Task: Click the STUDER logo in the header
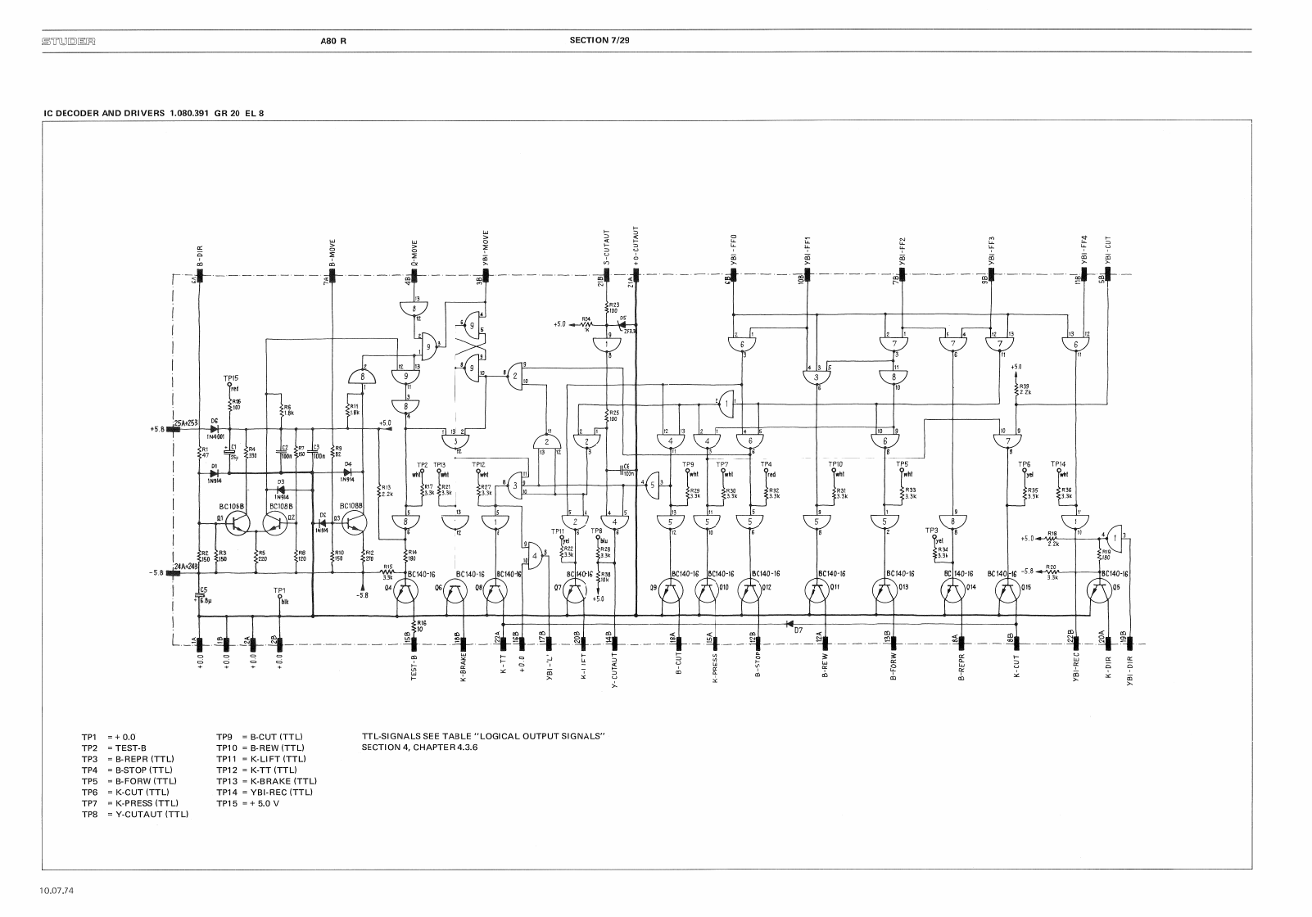point(68,40)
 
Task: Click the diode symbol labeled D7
point(789,623)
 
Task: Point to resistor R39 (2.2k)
point(1016,391)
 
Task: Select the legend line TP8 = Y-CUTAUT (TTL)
point(135,815)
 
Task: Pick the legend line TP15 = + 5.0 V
point(248,803)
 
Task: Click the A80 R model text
point(333,40)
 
